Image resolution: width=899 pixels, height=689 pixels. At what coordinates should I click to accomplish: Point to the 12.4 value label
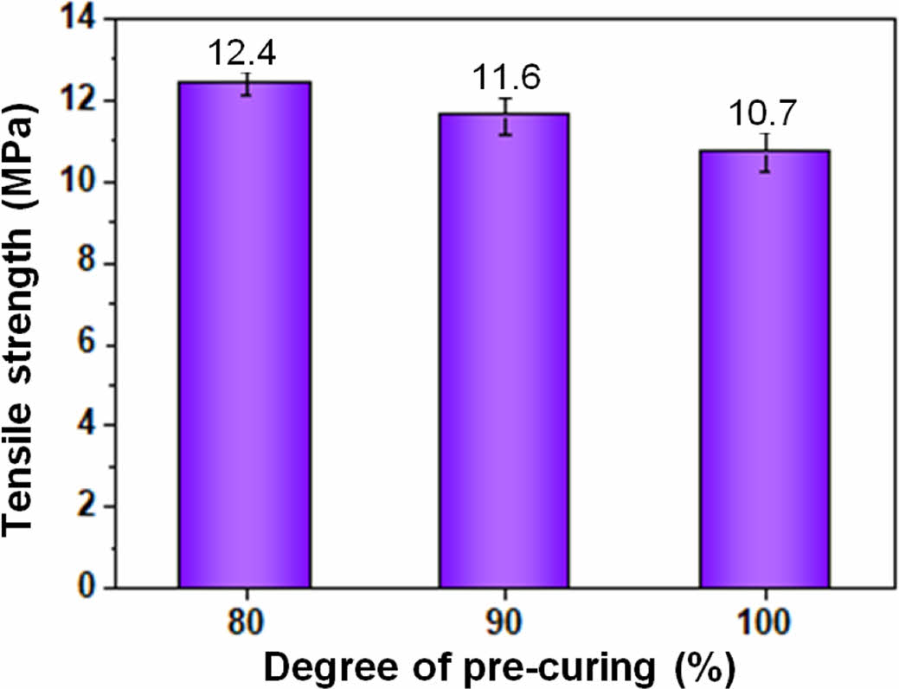click(243, 55)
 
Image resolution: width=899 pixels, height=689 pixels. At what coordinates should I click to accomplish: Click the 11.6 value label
click(506, 79)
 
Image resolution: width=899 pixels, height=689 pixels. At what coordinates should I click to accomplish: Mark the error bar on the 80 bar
click(247, 84)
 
